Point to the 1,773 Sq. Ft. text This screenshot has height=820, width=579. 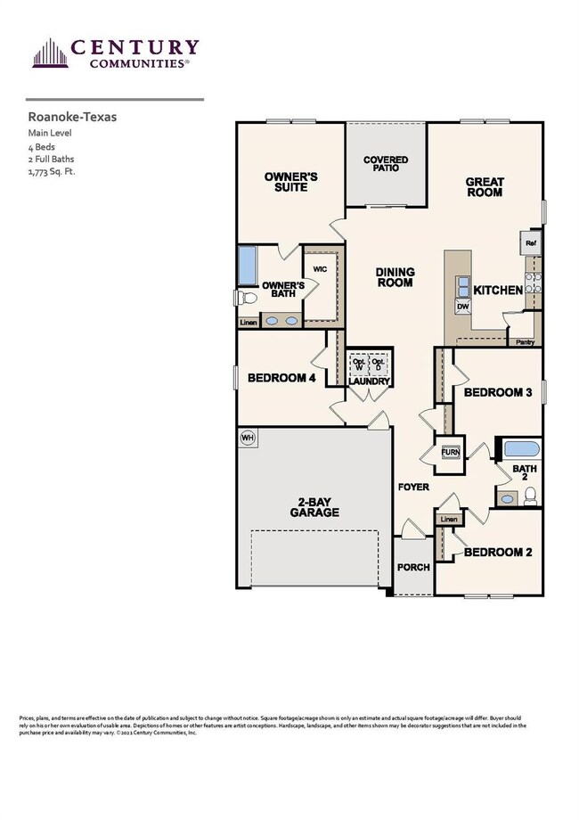(x=52, y=171)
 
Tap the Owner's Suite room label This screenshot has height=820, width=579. (x=290, y=182)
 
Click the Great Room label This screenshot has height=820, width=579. (x=485, y=187)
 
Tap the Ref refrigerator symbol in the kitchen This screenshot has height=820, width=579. (x=531, y=243)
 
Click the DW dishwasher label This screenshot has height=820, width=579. (x=463, y=306)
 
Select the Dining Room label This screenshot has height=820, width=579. (x=394, y=276)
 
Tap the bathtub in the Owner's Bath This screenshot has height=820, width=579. (x=247, y=266)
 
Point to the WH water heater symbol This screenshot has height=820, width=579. (x=248, y=437)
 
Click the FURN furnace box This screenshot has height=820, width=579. (x=450, y=452)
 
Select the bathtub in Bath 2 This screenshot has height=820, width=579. (x=519, y=447)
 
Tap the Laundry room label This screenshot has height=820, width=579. (x=369, y=381)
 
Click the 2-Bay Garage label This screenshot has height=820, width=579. (x=314, y=507)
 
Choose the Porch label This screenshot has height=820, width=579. (x=412, y=567)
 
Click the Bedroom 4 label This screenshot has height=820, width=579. (x=281, y=378)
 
